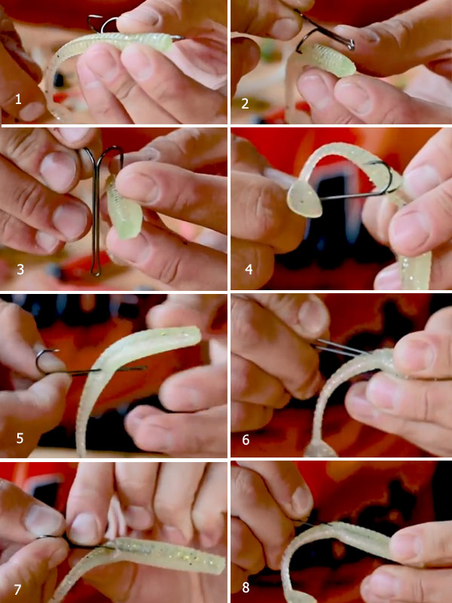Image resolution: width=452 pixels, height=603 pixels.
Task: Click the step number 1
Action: pos(18,100)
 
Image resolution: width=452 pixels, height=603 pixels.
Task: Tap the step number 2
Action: pos(245,103)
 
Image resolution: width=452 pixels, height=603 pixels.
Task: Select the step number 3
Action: pos(20,269)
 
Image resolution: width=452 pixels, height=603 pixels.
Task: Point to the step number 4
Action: pos(249,269)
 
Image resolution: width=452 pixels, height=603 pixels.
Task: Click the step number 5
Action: pos(20,438)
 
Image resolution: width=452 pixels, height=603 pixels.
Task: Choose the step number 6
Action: pos(246,439)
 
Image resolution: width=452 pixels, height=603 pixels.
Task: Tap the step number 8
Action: pos(246,588)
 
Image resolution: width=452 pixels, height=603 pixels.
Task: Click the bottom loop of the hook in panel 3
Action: pos(96,270)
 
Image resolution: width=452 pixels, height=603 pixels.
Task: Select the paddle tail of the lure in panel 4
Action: pos(305,198)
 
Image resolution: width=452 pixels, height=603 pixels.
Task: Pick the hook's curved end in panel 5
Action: pos(41,361)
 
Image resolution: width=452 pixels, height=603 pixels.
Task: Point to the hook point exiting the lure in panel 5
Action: pos(133,369)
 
